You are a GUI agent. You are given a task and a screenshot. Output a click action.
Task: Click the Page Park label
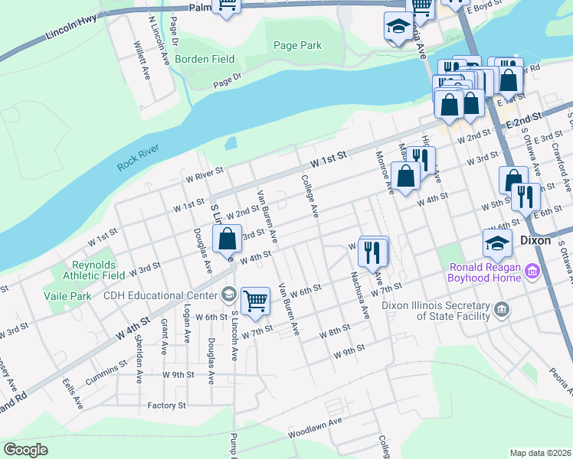tap(298, 46)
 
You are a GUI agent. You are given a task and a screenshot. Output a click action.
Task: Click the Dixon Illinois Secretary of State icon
tap(502, 309)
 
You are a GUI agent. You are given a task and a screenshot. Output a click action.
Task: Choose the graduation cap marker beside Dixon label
tap(497, 243)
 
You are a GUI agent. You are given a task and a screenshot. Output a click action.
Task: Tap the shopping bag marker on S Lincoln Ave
tap(228, 239)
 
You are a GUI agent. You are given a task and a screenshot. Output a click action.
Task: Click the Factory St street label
tap(169, 405)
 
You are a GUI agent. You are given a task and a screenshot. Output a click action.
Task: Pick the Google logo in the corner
tap(25, 450)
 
